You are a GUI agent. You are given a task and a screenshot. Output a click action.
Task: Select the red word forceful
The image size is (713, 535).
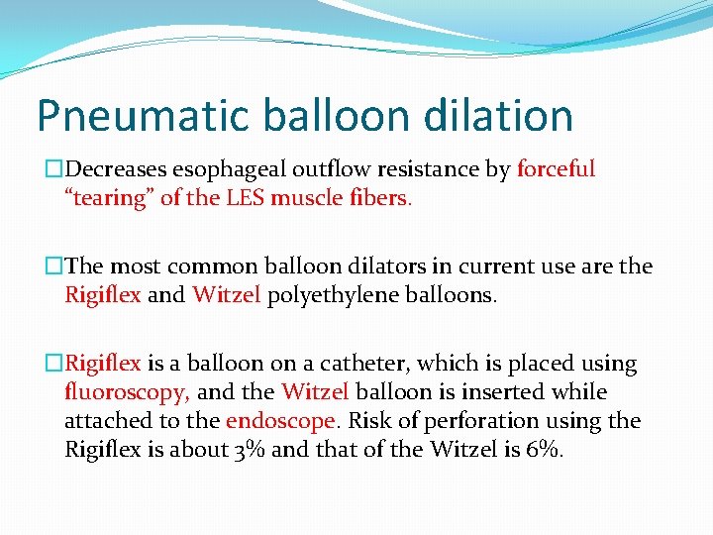(556, 169)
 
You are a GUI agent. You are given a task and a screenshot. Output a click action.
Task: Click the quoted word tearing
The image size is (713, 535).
(110, 197)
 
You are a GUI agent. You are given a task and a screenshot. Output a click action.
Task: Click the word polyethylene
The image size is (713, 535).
(341, 294)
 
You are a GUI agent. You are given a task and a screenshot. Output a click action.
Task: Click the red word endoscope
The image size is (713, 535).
(280, 420)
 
